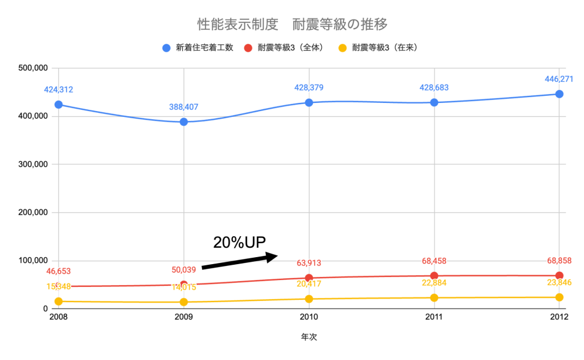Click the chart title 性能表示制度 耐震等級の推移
(293, 25)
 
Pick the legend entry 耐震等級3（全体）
(290, 48)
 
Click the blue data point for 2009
(184, 122)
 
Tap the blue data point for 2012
(559, 94)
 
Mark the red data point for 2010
(309, 278)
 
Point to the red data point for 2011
(434, 276)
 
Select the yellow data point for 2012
(559, 297)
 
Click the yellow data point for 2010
(309, 299)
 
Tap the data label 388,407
(184, 108)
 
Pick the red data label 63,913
(309, 263)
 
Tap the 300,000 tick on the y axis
(33, 164)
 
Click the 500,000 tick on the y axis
(33, 68)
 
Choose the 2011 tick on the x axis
(434, 317)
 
